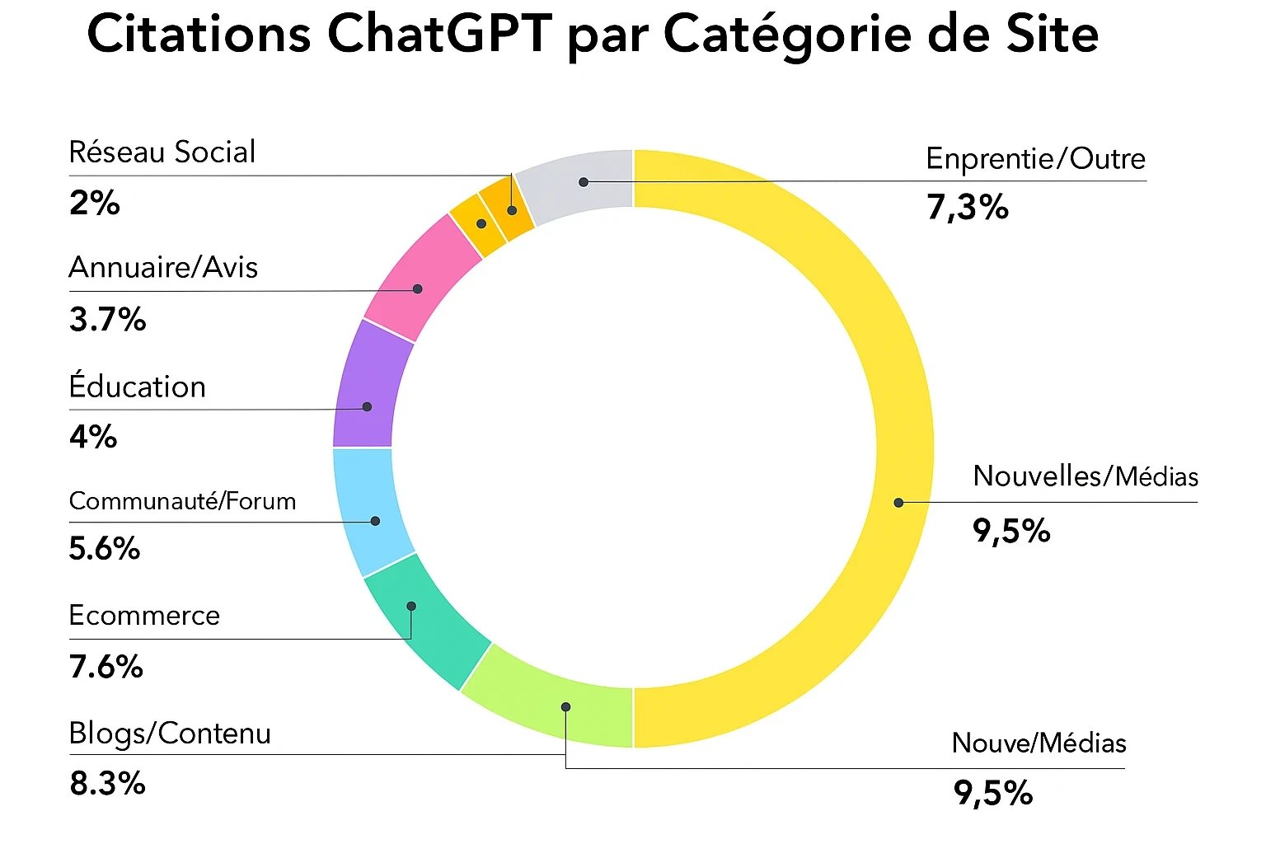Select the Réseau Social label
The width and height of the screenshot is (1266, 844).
pos(162,152)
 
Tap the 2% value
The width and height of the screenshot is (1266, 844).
pos(95,203)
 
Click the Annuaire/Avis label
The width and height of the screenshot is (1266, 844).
pos(163,268)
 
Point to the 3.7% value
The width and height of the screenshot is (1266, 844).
pos(107,319)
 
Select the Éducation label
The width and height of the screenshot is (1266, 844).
pos(137,387)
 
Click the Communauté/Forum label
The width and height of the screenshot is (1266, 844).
pos(182,501)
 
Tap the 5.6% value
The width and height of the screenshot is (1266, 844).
pos(105,549)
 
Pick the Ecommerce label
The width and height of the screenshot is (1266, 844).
pos(144,616)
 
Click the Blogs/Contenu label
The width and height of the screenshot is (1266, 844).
pos(170,734)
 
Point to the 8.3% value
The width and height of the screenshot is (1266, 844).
pos(107,784)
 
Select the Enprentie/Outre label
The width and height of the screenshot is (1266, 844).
pos(1035,159)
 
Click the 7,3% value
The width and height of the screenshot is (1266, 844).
pos(968,208)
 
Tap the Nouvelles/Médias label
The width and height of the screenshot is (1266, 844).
pos(1085,476)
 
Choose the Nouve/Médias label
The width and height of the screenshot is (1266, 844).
pos(1039,743)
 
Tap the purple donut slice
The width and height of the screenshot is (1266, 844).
pos(371,383)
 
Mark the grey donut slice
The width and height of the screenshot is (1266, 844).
pos(577,185)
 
